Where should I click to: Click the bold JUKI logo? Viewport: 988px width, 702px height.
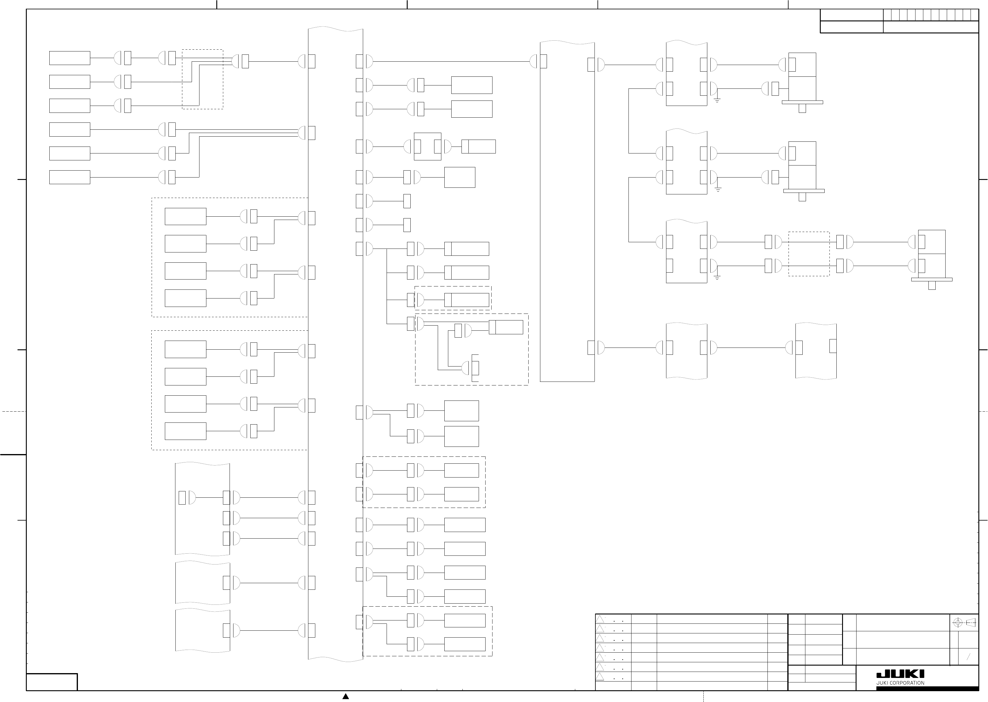tap(900, 674)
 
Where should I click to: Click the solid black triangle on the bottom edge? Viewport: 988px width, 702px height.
tap(346, 696)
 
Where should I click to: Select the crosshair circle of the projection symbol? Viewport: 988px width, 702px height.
tap(957, 623)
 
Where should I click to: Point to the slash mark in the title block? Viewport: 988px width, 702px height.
tap(968, 657)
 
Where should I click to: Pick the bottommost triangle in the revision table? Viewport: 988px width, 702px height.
tap(600, 676)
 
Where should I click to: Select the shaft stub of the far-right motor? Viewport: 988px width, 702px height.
tap(932, 285)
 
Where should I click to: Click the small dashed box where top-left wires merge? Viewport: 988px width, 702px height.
tap(202, 79)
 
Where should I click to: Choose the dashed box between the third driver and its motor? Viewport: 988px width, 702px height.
tap(809, 254)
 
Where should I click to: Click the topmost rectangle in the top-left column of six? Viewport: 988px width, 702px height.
tap(69, 58)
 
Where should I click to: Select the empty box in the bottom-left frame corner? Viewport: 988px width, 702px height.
tap(52, 682)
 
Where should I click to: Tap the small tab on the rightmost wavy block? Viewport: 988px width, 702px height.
tap(833, 346)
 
